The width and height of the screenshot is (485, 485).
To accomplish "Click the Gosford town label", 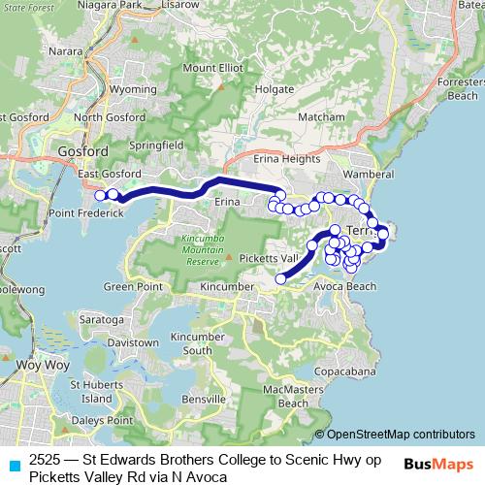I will pos(82,151).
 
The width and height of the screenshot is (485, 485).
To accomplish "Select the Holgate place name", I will pos(247,89).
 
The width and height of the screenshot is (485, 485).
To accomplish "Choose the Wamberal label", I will pos(369,174).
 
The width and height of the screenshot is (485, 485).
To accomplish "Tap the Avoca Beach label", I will pos(344,286).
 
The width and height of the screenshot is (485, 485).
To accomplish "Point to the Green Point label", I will pos(132,286).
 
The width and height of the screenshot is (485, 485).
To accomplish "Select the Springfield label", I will pos(159,145).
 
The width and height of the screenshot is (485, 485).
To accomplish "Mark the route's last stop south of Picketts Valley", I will pos(281,278).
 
